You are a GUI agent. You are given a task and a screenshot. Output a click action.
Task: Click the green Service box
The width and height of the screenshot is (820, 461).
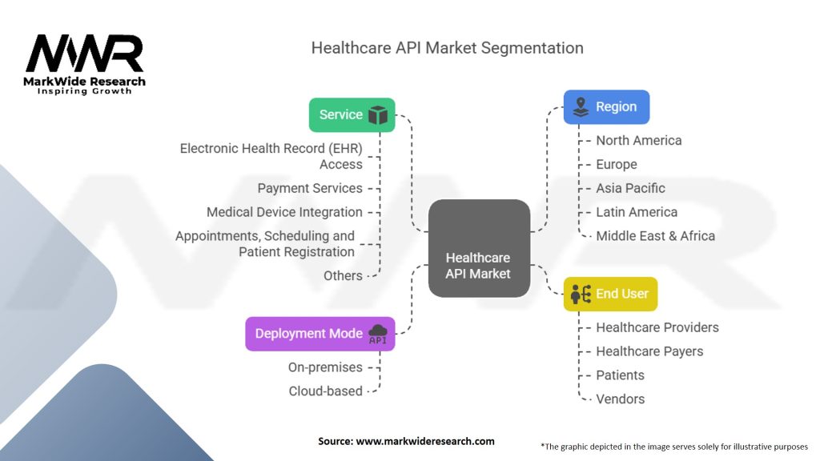coord(352,114)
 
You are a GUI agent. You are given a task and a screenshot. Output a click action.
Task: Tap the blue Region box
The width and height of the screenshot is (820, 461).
coord(606,106)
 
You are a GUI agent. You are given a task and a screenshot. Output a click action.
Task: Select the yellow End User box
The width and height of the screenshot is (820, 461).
coord(610,294)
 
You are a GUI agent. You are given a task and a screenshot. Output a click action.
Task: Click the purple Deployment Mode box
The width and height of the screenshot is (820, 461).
coord(320,333)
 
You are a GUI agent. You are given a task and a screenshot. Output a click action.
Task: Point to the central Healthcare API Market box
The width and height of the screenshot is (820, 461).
coord(479,248)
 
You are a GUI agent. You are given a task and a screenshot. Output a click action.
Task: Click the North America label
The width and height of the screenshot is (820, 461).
coord(638,140)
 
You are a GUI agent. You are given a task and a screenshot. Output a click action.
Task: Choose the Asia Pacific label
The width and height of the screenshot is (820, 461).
coord(630,188)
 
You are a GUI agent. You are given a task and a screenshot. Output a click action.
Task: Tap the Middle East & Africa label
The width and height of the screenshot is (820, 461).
coord(655,236)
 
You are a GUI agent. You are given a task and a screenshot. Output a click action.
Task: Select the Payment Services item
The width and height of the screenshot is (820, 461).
coord(309,188)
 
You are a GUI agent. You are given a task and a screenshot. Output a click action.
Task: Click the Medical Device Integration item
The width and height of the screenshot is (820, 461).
coord(284,212)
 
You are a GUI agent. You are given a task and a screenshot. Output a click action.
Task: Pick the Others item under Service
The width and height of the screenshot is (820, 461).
coord(343,275)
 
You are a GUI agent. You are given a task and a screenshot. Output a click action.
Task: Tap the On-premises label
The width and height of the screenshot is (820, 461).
coord(325,367)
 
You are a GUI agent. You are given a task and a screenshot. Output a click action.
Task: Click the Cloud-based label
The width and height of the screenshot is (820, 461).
coord(325,391)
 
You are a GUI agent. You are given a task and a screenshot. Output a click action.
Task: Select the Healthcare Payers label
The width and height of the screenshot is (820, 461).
coord(649,351)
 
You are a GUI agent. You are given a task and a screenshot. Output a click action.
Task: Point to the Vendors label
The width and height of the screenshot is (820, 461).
coord(620,399)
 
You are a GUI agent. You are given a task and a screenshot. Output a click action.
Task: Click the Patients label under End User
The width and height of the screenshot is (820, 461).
coord(620,375)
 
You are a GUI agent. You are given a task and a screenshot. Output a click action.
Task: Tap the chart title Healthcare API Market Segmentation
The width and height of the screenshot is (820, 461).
coord(447,47)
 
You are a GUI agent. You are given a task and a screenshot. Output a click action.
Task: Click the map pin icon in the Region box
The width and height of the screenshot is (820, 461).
coord(581,106)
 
